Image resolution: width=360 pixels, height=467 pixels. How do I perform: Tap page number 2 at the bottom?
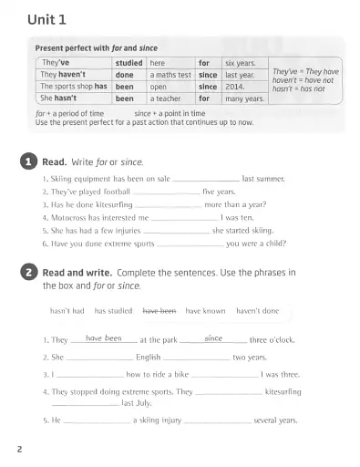click(x=19, y=448)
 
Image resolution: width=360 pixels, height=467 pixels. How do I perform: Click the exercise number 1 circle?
click(x=28, y=161)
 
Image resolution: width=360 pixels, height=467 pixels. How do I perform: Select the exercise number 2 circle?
click(x=28, y=272)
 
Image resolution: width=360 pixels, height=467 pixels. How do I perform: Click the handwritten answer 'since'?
click(x=213, y=337)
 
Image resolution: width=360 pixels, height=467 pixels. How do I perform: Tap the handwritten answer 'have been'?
click(x=104, y=337)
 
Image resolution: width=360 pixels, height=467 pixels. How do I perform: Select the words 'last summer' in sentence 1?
click(x=263, y=180)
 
